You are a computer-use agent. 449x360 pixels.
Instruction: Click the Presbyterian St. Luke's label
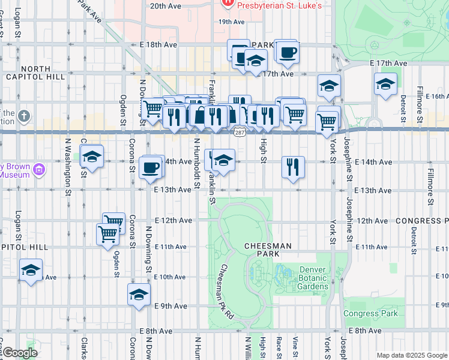280,5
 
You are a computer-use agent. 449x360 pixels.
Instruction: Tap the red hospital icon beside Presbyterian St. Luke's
228,5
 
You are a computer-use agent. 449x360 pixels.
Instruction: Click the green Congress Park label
370,314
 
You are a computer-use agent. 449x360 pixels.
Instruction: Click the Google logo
20,353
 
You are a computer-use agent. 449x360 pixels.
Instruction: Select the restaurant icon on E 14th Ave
292,167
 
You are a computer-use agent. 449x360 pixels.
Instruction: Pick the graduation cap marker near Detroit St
385,85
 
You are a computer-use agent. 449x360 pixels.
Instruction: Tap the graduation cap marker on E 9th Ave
139,295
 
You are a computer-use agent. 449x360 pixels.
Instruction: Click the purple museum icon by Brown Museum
40,170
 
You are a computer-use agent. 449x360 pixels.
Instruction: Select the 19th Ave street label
231,22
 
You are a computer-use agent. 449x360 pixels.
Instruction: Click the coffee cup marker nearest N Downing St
150,167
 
